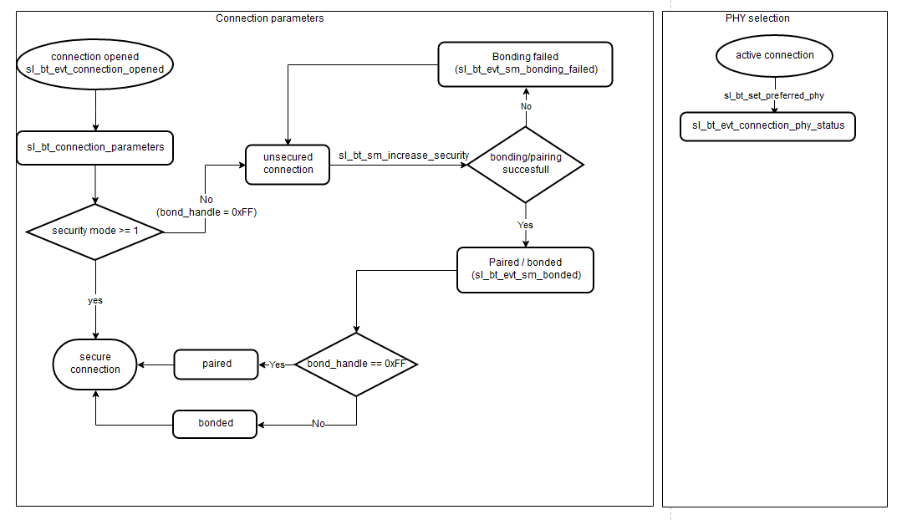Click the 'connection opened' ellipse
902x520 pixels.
95,64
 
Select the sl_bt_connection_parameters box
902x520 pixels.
95,148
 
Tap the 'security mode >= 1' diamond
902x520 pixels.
95,232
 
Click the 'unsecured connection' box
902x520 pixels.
288,164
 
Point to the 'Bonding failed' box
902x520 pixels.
526,64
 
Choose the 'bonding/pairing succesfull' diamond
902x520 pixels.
526,164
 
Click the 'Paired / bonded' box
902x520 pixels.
526,269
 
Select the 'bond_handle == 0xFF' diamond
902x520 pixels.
357,365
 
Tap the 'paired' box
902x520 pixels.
216,365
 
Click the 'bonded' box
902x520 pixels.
215,424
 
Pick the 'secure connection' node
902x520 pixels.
95,364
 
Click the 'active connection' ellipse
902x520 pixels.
775,56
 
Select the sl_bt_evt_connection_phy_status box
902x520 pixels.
768,126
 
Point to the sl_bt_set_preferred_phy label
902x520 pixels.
773,95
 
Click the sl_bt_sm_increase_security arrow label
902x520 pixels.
404,155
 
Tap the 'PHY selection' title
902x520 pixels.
757,18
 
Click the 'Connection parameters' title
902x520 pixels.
269,18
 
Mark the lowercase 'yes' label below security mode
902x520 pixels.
95,299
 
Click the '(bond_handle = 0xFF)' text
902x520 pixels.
206,212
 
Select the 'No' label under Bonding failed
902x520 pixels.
526,106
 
